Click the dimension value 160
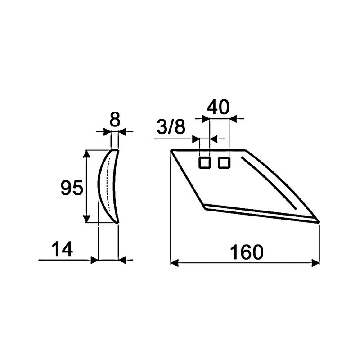[x=246, y=252]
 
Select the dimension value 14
[x=62, y=250]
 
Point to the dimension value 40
[x=218, y=107]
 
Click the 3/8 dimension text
[x=171, y=128]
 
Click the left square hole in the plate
[x=205, y=162]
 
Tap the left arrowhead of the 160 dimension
[x=175, y=262]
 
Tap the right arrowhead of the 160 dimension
[x=315, y=262]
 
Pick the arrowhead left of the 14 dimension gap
[x=94, y=260]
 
